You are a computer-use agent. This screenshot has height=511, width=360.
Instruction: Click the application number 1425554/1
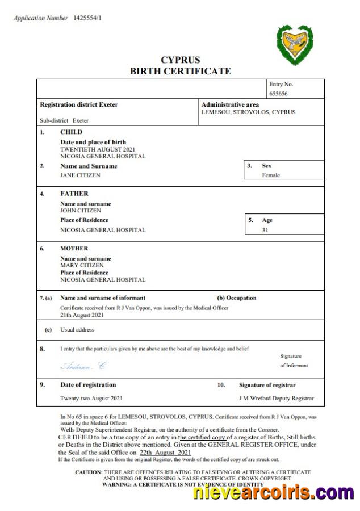point(87,18)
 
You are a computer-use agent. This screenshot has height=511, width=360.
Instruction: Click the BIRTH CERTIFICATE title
point(180,71)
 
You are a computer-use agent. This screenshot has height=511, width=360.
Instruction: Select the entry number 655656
point(278,94)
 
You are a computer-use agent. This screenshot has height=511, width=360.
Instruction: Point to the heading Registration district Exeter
point(79,104)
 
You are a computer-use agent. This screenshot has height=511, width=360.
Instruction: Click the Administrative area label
point(230,104)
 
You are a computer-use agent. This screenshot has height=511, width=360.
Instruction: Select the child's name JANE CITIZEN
point(80,175)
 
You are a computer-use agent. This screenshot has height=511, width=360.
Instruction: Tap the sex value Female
point(270,175)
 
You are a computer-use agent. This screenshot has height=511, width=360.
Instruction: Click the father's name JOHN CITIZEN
point(81,211)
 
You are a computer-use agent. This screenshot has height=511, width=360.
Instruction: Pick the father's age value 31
point(265,230)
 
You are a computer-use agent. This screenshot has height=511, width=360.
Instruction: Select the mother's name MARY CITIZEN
point(82,265)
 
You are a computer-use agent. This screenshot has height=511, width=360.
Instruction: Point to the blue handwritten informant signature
point(83,366)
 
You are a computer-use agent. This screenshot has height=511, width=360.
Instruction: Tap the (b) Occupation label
point(237,298)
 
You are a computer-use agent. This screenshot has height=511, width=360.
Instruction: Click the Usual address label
point(77,329)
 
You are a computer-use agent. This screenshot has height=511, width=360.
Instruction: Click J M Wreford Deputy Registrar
point(277,398)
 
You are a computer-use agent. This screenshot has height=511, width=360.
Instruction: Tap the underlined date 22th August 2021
point(165,453)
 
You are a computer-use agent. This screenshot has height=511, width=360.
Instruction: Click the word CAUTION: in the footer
point(89,472)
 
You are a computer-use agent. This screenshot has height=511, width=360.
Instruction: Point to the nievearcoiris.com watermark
point(273,492)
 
